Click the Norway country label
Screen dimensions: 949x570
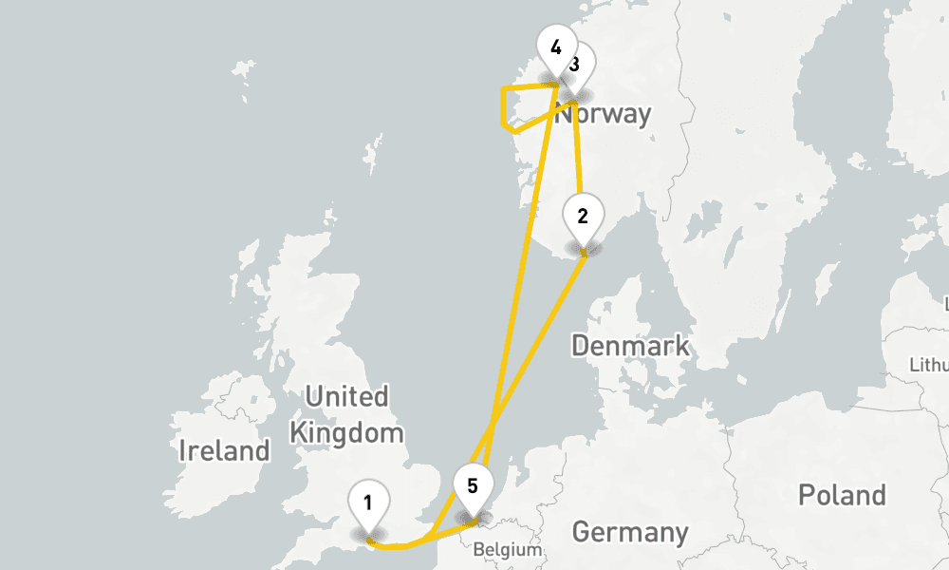point(604,115)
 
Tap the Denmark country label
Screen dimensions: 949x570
point(630,345)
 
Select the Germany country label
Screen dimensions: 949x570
point(630,531)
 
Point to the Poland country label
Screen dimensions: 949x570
point(842,494)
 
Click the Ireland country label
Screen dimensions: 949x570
point(224,450)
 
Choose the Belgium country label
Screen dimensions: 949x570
point(507,549)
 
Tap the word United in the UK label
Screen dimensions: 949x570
point(346,396)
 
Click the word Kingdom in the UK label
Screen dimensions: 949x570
point(346,434)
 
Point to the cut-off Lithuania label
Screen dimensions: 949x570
point(930,365)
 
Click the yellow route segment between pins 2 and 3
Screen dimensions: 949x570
point(578,152)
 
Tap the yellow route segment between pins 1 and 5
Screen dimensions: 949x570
point(403,546)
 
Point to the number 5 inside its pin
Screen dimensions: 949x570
point(473,484)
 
